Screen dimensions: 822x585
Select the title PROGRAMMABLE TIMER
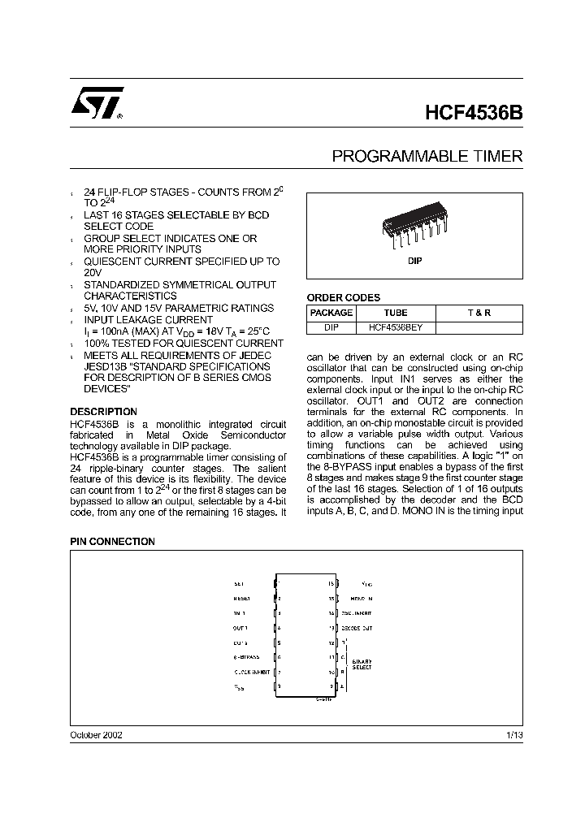(427, 156)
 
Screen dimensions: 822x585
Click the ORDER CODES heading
(343, 298)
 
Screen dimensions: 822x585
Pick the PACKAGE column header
(331, 313)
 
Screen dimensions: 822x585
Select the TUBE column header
(396, 313)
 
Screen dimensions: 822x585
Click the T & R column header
(479, 313)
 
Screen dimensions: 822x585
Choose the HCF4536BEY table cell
(401, 327)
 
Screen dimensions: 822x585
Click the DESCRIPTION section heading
(103, 412)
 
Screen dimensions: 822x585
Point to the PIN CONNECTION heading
(112, 541)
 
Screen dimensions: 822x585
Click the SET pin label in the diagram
(238, 583)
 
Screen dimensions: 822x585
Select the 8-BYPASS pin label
(246, 657)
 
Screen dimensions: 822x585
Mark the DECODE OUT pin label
(357, 628)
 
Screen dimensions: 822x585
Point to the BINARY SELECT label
(362, 664)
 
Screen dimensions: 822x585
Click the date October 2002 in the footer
(97, 734)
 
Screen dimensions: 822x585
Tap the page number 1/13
(513, 734)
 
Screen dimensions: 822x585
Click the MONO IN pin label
(351, 599)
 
